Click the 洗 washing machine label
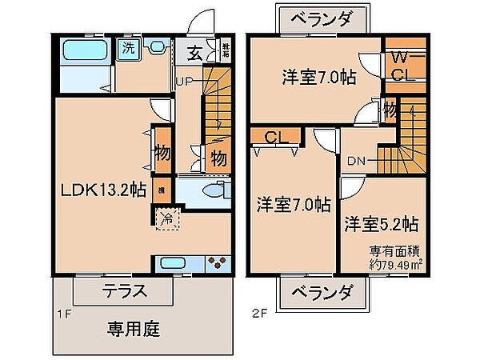129,48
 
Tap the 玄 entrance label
195,54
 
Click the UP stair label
185,82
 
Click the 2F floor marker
257,314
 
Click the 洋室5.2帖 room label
382,222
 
